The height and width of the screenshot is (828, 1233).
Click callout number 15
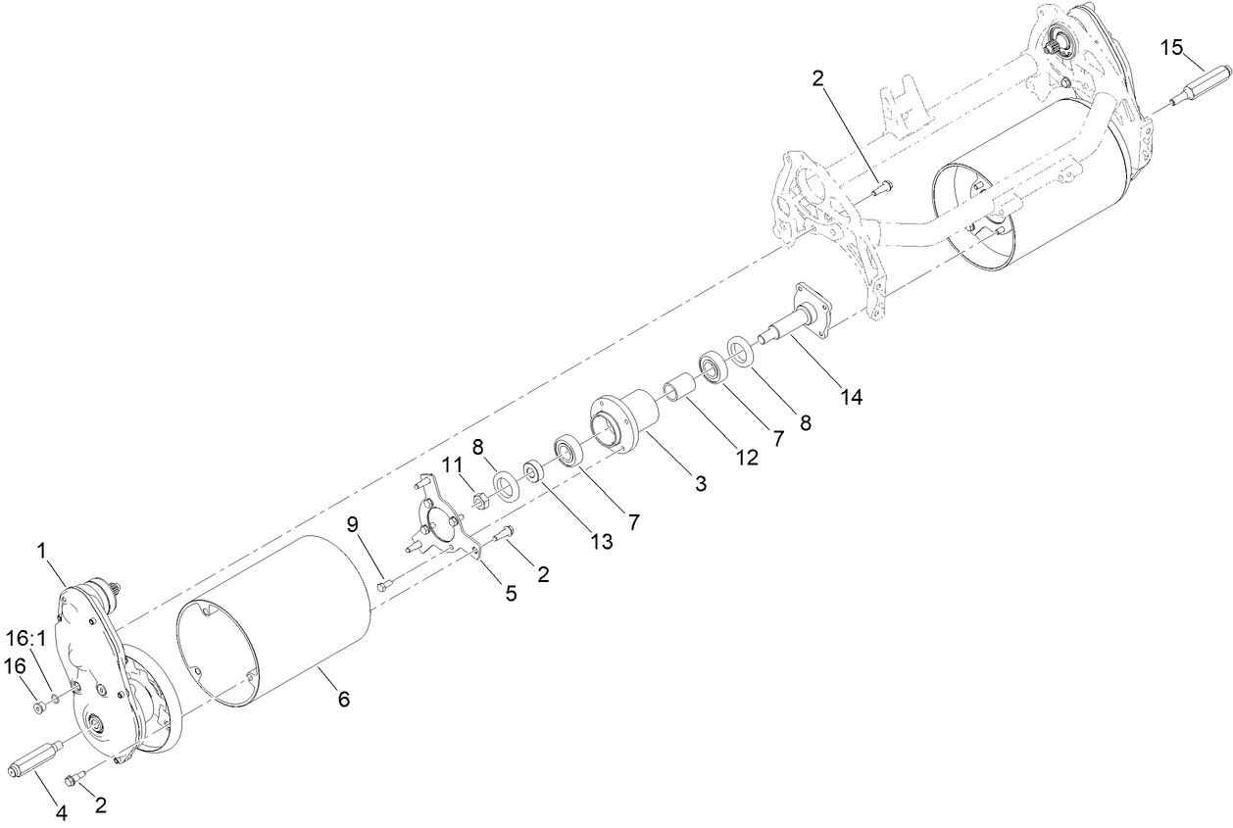(1172, 46)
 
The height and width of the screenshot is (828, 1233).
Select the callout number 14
(851, 397)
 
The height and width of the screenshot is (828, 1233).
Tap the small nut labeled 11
(481, 502)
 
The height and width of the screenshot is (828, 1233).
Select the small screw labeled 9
(384, 585)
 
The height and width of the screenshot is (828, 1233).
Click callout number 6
(343, 699)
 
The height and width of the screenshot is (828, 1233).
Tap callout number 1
(42, 552)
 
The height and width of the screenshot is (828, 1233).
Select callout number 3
(700, 483)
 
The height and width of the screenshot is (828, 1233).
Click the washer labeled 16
(39, 707)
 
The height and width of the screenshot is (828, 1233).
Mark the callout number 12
(748, 457)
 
